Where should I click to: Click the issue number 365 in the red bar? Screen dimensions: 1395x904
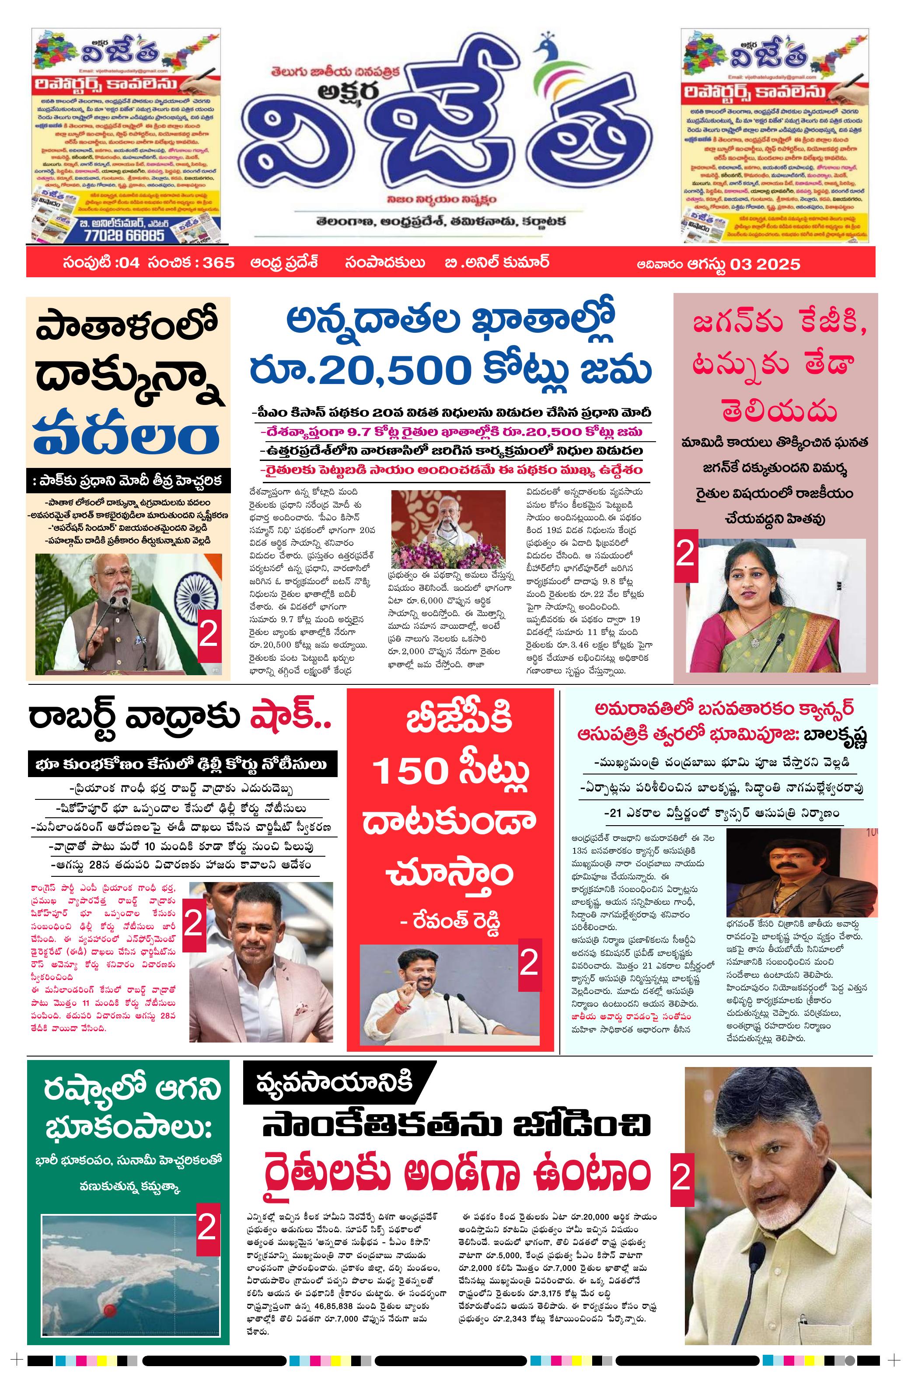point(219,262)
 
